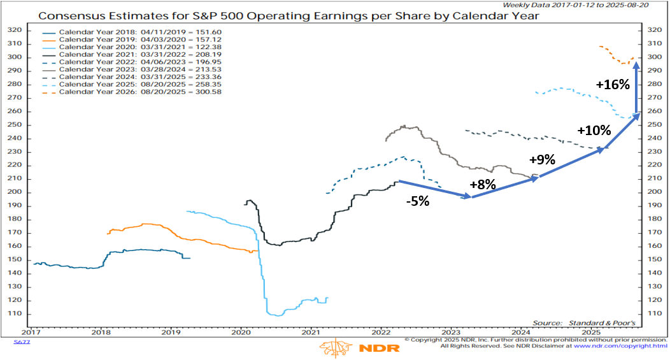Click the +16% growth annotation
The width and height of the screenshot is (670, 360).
[613, 85]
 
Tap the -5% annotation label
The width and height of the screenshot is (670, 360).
[418, 202]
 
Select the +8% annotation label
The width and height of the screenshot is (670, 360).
[482, 185]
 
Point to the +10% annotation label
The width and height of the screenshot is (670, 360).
[594, 131]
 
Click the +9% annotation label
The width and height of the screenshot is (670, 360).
[542, 160]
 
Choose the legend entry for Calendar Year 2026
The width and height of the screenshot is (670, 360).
[117, 92]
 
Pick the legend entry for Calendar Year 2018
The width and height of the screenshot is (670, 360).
[117, 33]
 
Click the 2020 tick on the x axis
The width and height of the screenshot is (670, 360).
[241, 332]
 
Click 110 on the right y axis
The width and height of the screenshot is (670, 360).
[653, 314]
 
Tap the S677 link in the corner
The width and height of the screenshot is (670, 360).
[21, 342]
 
